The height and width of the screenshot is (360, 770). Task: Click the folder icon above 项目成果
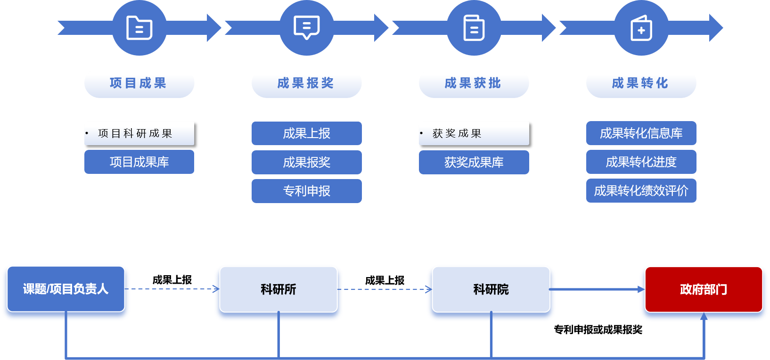tap(139, 28)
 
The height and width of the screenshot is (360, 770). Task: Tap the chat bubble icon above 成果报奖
tap(307, 28)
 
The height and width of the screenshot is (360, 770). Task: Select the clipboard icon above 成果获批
tap(474, 28)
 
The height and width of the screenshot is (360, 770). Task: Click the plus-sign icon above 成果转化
tap(641, 28)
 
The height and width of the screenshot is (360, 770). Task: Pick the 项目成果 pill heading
tap(139, 83)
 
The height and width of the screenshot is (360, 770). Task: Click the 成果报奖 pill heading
tap(306, 83)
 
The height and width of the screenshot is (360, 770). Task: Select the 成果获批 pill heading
tap(474, 83)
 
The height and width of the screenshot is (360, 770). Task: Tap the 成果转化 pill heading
tap(641, 83)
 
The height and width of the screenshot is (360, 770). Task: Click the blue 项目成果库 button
tap(139, 162)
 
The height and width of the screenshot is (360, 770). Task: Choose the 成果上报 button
tap(306, 133)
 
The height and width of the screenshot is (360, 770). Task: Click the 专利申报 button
tap(306, 191)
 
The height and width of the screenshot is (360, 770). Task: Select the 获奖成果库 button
tap(474, 162)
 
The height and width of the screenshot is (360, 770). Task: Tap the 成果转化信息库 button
tap(641, 133)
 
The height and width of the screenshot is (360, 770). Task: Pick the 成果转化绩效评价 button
tap(641, 191)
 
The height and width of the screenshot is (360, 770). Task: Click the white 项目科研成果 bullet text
tap(135, 133)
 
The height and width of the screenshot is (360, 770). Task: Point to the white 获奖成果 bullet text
tap(457, 133)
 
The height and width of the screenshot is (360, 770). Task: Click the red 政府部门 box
tap(703, 289)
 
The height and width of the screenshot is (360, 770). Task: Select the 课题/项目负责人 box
tap(66, 289)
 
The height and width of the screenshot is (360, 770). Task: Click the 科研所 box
tap(279, 289)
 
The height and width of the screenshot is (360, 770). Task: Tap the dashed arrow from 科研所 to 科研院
tap(384, 289)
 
